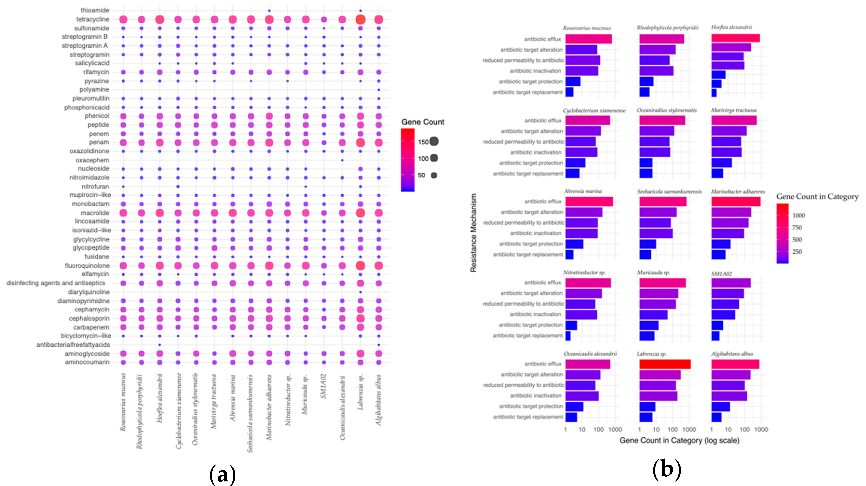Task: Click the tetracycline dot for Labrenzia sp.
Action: pyautogui.click(x=360, y=20)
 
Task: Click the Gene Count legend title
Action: pyautogui.click(x=423, y=122)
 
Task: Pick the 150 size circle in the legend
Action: pyautogui.click(x=434, y=142)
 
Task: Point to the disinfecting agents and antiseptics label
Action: pyautogui.click(x=56, y=283)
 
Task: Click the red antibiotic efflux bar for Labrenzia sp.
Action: pyautogui.click(x=665, y=364)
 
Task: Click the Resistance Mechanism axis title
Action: pyautogui.click(x=473, y=233)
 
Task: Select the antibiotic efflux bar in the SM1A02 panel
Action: pyautogui.click(x=731, y=283)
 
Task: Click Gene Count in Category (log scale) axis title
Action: pyautogui.click(x=679, y=440)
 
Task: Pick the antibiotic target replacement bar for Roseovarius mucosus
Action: pyautogui.click(x=569, y=92)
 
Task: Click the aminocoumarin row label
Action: pyautogui.click(x=88, y=362)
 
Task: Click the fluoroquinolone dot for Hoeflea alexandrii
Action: pyautogui.click(x=160, y=265)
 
